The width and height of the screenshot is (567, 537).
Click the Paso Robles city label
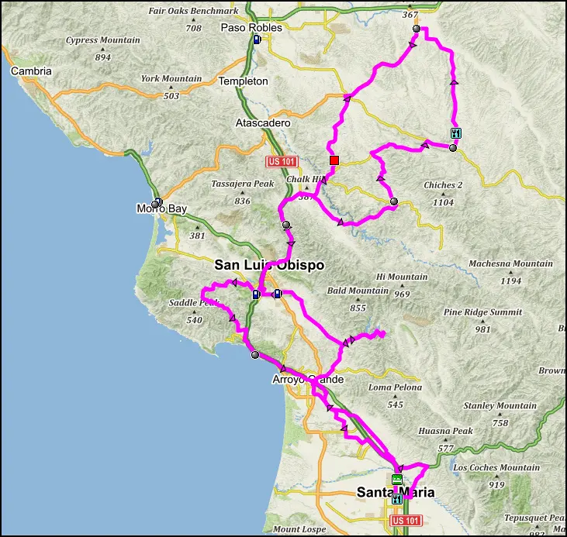pyautogui.click(x=251, y=27)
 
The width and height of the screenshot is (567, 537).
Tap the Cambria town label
pyautogui.click(x=31, y=71)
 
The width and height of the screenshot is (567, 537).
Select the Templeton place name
pyautogui.click(x=243, y=81)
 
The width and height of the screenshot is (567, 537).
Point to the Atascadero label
pyautogui.click(x=262, y=123)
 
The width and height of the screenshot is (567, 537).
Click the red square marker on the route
pyautogui.click(x=334, y=160)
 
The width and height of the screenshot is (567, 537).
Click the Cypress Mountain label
pyautogui.click(x=103, y=40)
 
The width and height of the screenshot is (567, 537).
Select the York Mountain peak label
pyautogui.click(x=171, y=79)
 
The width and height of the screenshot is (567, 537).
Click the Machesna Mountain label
pyautogui.click(x=511, y=263)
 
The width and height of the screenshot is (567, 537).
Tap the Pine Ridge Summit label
pyautogui.click(x=483, y=312)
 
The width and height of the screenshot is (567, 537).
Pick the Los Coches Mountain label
pyautogui.click(x=496, y=468)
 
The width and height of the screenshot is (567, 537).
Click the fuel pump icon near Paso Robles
pyautogui.click(x=257, y=40)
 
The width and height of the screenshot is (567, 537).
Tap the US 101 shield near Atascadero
pyautogui.click(x=281, y=161)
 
